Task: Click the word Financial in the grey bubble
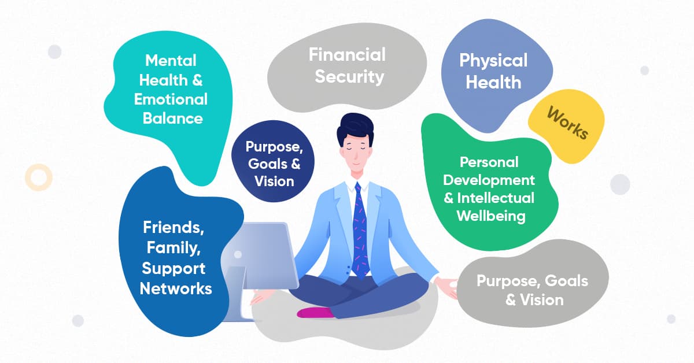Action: (x=347, y=55)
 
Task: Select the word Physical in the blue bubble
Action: (x=493, y=61)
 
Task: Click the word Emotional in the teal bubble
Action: (x=171, y=99)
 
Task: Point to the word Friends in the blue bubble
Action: (x=173, y=227)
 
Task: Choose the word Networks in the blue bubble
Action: (x=176, y=288)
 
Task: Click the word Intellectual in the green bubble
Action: (x=496, y=198)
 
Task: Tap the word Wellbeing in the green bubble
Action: (x=491, y=217)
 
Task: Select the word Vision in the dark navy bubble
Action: (x=274, y=181)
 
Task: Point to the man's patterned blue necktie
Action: (x=360, y=231)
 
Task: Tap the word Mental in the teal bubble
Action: (x=171, y=60)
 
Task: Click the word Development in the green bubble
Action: (x=497, y=180)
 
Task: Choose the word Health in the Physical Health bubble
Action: (x=493, y=83)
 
